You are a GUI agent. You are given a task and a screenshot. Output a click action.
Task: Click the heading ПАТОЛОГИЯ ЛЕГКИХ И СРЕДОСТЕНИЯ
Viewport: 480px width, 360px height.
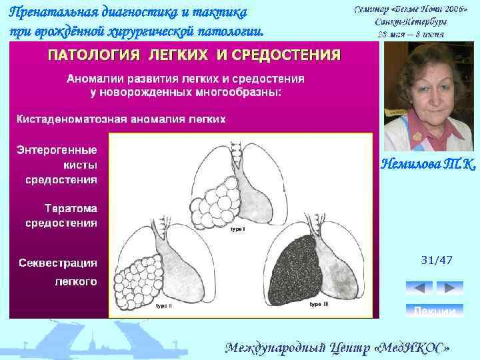193,54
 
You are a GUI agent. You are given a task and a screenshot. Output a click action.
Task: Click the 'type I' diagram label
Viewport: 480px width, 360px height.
238,229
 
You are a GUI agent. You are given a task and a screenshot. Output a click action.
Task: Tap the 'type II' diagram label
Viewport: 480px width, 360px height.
164,306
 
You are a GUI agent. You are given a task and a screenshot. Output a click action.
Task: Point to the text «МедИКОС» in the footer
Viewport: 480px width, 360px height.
411,347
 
